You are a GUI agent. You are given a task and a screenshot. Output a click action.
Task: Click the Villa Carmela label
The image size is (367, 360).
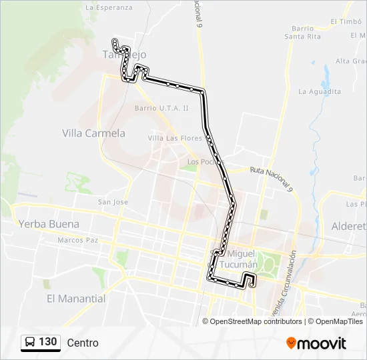pyautogui.click(x=93, y=133)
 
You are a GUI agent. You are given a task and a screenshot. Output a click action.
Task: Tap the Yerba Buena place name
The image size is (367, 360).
pyautogui.click(x=49, y=224)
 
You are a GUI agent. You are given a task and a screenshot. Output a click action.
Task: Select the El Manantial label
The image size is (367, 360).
pyautogui.click(x=76, y=299)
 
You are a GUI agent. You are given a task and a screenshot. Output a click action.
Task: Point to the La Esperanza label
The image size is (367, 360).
pyautogui.click(x=109, y=8)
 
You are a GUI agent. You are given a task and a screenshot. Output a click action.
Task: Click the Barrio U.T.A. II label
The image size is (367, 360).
pyautogui.click(x=161, y=107)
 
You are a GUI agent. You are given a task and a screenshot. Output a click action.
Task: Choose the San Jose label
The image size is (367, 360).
pyautogui.click(x=113, y=202)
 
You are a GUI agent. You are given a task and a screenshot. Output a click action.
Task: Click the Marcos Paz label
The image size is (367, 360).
pyautogui.click(x=78, y=240)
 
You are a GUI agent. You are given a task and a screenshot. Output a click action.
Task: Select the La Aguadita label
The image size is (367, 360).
pyautogui.click(x=320, y=91)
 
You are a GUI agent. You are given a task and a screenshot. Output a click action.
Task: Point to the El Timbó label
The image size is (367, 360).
pyautogui.click(x=346, y=21)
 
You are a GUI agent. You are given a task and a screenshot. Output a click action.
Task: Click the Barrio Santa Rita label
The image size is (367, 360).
pyautogui.click(x=302, y=32)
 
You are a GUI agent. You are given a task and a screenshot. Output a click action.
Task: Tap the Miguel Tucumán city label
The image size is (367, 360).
pyautogui.click(x=242, y=259)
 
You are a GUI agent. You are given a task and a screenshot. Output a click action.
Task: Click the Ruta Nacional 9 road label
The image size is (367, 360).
pyautogui.click(x=272, y=179)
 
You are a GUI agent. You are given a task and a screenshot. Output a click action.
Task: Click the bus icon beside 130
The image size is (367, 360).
pyautogui.click(x=30, y=343)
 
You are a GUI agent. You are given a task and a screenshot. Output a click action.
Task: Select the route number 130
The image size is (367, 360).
pyautogui.click(x=48, y=342)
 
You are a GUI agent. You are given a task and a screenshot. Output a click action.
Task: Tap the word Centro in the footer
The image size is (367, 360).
pyautogui.click(x=83, y=343)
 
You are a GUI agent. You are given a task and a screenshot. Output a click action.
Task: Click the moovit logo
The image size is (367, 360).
pyautogui.click(x=316, y=343)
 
